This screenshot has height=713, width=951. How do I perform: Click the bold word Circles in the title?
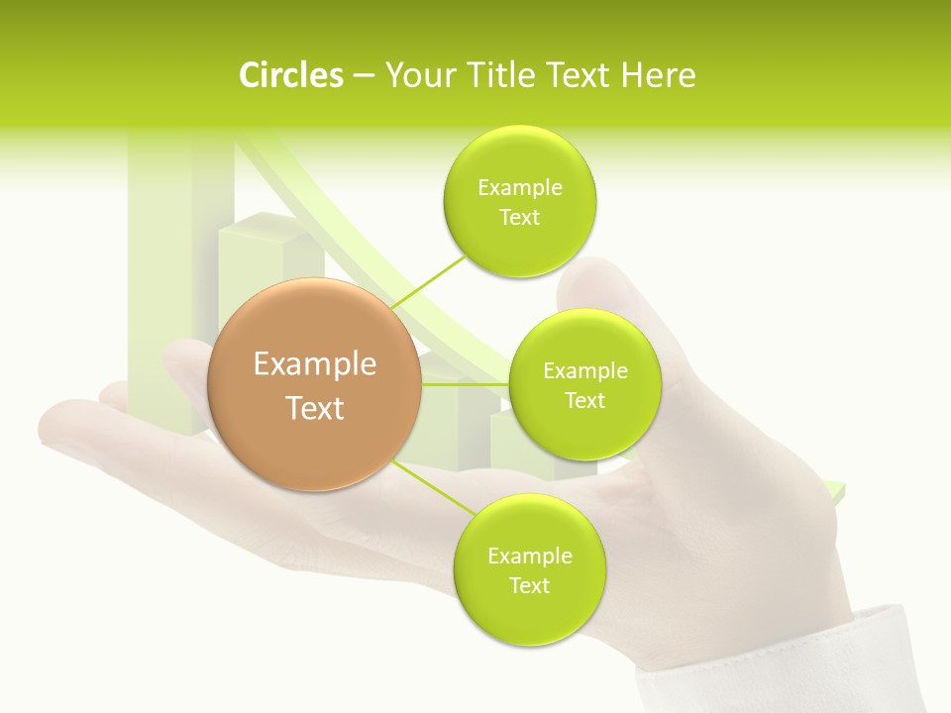pos(291,75)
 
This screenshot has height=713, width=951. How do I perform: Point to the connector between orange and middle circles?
pos(466,383)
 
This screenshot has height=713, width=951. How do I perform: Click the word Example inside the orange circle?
pos(315,364)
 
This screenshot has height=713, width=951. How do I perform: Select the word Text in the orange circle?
pos(315,408)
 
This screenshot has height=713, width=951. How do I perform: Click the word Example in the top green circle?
pos(519,188)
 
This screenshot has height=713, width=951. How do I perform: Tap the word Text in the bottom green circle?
pos(529,585)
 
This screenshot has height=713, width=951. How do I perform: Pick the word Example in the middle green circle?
pos(584,371)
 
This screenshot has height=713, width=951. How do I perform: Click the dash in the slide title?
pos(364,75)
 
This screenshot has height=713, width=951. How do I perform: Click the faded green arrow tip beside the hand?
pos(836,490)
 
